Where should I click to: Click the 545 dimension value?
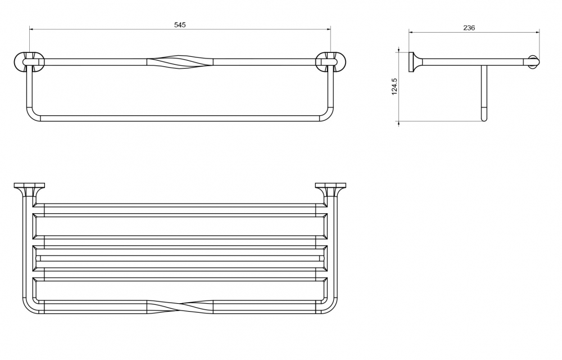tap(180, 25)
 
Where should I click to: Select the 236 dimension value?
tap(469, 28)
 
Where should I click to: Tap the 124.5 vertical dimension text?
tap(395, 87)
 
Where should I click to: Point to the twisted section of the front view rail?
tap(180, 61)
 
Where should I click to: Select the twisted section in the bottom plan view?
tap(180, 308)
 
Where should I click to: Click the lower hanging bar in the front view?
tap(180, 118)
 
